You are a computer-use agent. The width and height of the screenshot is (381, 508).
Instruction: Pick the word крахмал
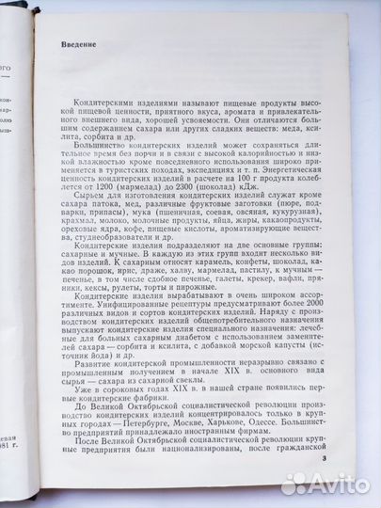point(62,220)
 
